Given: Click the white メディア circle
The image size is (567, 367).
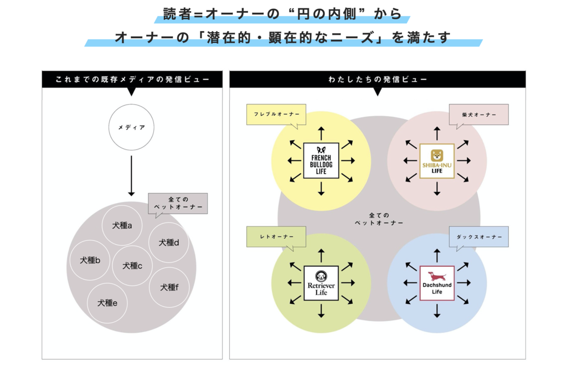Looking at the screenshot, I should click(x=131, y=127).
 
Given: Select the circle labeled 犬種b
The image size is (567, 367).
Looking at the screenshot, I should click(x=90, y=260).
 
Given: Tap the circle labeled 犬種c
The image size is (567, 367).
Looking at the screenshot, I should click(x=132, y=266).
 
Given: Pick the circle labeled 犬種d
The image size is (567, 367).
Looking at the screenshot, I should click(x=168, y=242).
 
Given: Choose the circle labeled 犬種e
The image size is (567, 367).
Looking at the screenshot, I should click(x=107, y=303).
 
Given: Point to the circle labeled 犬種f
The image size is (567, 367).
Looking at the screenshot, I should click(x=169, y=287).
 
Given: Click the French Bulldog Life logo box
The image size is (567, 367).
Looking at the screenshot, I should click(x=321, y=161).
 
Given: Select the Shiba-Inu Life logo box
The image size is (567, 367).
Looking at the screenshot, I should click(x=437, y=161).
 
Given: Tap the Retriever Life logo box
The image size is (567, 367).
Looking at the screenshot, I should click(x=321, y=283).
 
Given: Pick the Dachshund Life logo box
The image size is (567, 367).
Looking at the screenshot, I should click(x=437, y=283).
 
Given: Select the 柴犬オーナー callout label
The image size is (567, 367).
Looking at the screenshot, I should click(x=478, y=115).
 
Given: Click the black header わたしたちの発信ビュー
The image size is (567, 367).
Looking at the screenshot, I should click(x=377, y=80).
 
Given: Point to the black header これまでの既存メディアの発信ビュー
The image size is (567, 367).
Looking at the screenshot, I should click(x=132, y=80).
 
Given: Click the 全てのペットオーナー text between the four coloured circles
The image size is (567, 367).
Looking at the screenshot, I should click(x=379, y=219).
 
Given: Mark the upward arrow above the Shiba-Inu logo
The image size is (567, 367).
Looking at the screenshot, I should click(x=437, y=133).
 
